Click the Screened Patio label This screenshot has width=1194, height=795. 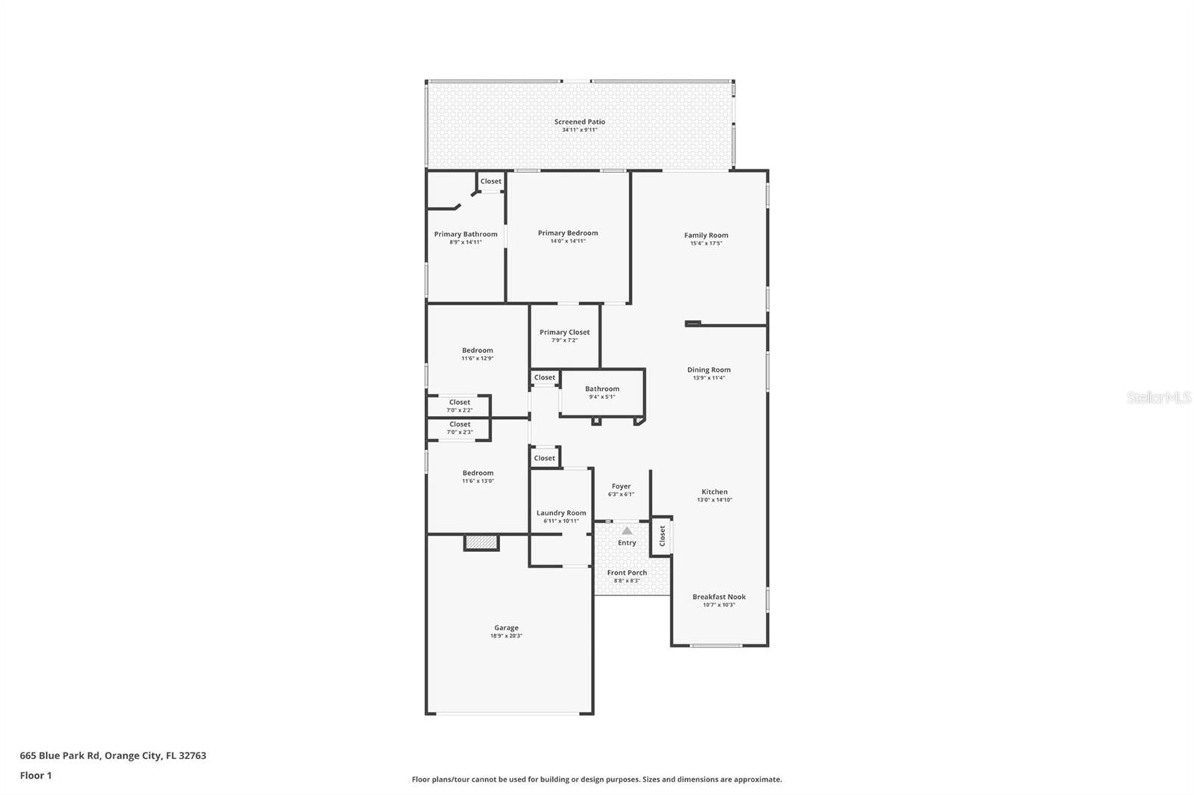579,122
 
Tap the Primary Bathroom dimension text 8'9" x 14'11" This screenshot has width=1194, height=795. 466,242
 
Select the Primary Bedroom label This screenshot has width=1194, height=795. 567,233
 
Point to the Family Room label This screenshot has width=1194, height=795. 706,235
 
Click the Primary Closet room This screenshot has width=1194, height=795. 564,336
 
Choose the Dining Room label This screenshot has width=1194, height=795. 708,369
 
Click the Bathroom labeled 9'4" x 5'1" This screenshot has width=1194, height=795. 601,392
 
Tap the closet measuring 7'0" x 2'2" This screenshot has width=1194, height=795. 459,406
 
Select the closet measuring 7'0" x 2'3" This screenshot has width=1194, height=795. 459,428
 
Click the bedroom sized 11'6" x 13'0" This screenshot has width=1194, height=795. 478,476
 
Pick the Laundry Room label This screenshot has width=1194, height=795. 560,512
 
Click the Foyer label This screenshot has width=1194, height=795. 621,486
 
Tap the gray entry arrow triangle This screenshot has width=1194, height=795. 627,531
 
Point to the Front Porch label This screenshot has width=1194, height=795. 627,573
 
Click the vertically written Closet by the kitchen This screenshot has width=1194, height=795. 662,535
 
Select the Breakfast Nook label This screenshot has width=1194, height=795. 719,597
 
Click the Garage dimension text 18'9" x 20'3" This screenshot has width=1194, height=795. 506,636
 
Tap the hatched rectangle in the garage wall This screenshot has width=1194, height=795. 481,543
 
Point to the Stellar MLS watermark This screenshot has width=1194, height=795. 1158,397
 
